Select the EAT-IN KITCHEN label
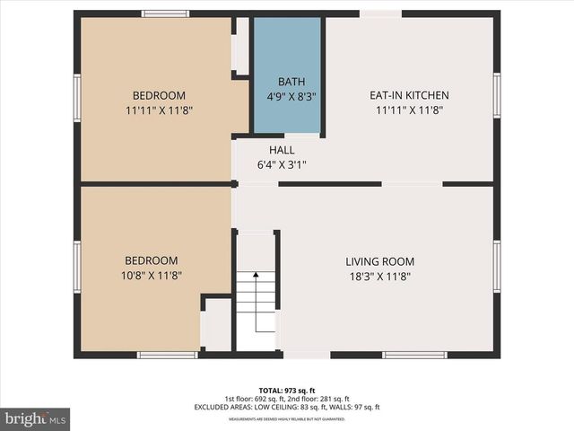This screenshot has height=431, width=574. coord(409,95)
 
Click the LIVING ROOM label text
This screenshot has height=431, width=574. coord(379,261)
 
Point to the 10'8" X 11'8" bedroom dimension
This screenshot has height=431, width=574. coord(159,275)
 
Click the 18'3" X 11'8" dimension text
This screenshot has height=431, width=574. coord(379,277)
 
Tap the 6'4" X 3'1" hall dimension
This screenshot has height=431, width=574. coord(283,164)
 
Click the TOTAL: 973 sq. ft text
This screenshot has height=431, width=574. coord(286,390)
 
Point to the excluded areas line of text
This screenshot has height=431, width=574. coord(286,407)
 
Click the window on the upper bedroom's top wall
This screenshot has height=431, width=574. coord(165,13)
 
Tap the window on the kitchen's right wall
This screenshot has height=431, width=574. coord(497,95)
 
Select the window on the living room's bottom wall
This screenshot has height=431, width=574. coord(414,355)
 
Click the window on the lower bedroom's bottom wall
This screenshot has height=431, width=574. coord(168,355)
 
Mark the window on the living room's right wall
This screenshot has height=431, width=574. coord(497,267)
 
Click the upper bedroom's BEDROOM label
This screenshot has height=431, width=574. coord(159,96)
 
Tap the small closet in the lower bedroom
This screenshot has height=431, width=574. coord(216,325)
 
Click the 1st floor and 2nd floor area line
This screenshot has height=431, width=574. coord(286,399)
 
